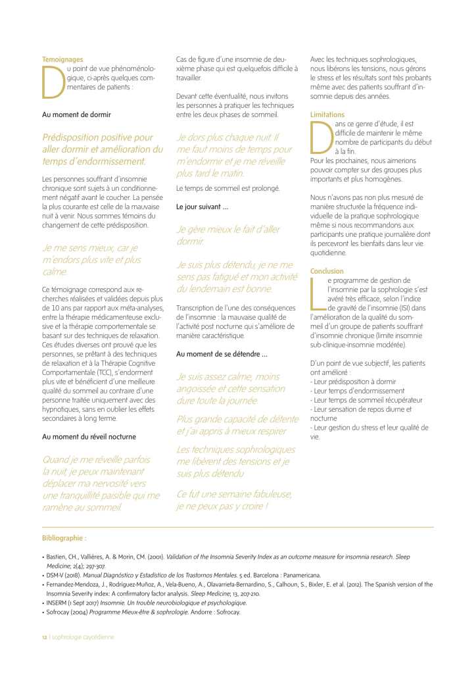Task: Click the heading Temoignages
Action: point(62,60)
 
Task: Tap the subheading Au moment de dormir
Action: point(76,114)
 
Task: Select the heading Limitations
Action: point(327,114)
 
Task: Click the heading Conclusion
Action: point(327,271)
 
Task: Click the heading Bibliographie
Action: point(64,537)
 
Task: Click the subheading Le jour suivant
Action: point(202,207)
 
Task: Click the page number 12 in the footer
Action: point(45,636)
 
